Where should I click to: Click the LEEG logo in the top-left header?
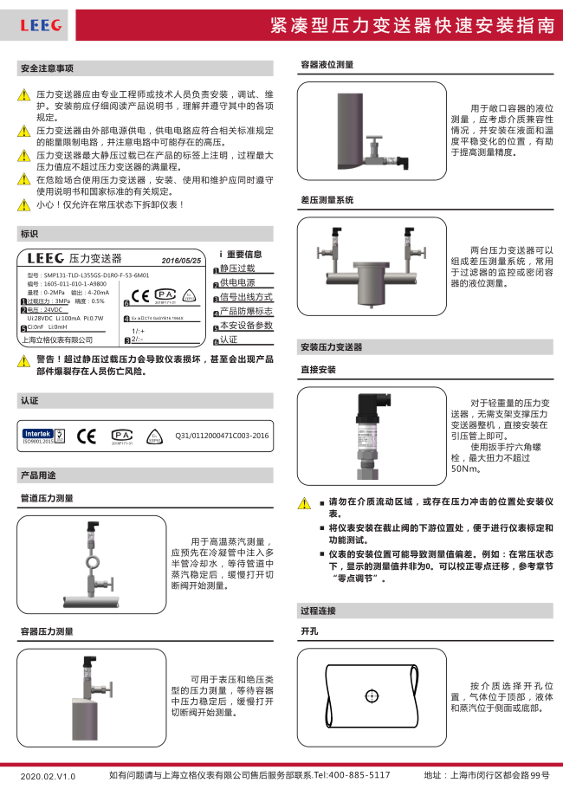(x=41, y=26)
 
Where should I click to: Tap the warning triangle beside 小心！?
(x=24, y=205)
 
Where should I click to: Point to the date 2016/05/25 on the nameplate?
(x=181, y=260)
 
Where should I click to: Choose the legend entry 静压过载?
(x=237, y=269)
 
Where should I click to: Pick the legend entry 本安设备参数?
(x=246, y=326)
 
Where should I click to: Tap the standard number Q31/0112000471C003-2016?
(x=222, y=437)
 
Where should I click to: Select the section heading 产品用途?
(x=38, y=475)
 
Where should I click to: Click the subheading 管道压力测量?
(x=47, y=498)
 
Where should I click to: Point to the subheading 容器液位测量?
(x=327, y=64)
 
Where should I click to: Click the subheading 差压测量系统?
(x=327, y=199)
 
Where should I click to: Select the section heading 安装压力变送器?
(x=331, y=346)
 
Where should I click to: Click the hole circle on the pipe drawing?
(x=372, y=695)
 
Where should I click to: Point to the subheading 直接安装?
(x=318, y=369)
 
